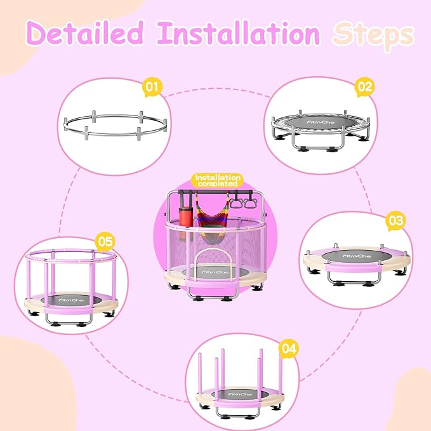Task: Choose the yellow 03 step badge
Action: point(395,221)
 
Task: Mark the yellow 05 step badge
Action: point(104,241)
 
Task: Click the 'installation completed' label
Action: point(216,180)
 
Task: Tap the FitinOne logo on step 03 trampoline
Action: point(354,256)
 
